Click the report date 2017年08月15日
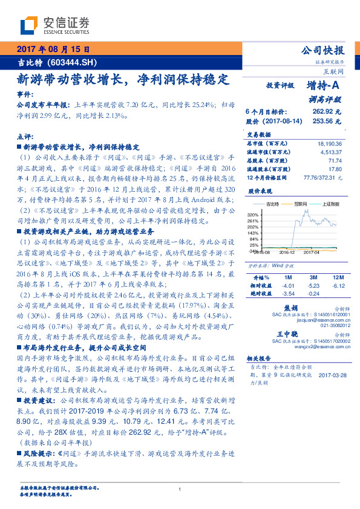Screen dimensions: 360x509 point(53,50)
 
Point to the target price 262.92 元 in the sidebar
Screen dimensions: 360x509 point(327,111)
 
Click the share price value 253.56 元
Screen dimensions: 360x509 point(327,120)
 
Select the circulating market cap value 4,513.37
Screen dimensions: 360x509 point(332,152)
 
